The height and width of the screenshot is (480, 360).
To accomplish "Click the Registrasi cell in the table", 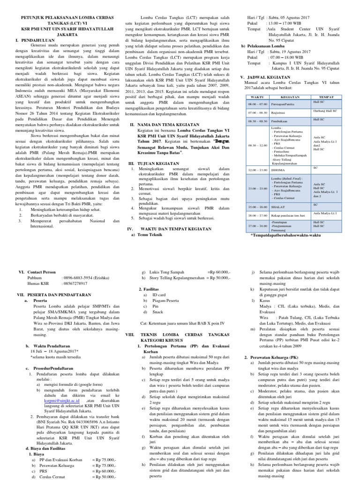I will (x=280, y=112).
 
